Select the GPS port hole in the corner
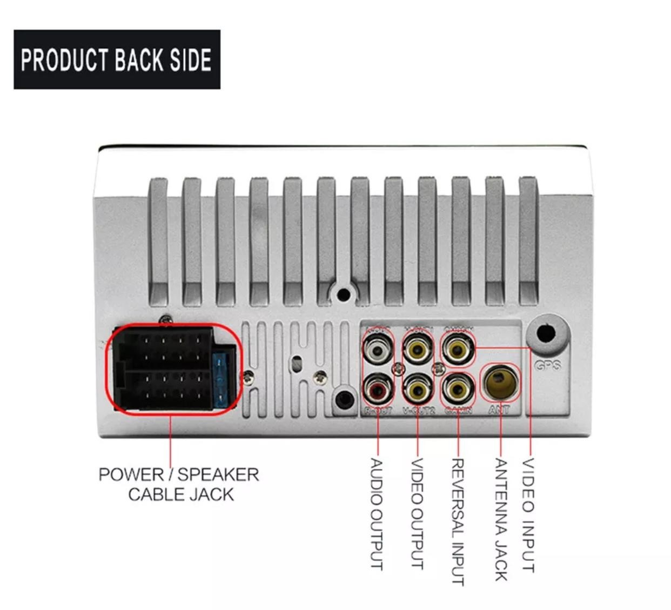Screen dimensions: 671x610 [x=547, y=334]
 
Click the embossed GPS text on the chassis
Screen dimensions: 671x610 [x=548, y=366]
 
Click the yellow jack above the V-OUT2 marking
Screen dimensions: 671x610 [x=418, y=390]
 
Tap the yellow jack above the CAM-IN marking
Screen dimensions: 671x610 [x=458, y=388]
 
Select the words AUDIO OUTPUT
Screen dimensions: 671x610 [x=377, y=514]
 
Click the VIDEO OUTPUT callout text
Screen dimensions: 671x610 [x=418, y=514]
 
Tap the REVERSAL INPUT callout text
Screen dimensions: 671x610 [x=458, y=522]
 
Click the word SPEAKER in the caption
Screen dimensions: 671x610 [x=218, y=475]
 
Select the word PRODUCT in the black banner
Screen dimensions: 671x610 [x=63, y=60]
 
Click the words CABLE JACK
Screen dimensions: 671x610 [x=181, y=494]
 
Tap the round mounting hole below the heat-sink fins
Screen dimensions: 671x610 [x=343, y=295]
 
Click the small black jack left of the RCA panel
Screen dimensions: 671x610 [x=344, y=400]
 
